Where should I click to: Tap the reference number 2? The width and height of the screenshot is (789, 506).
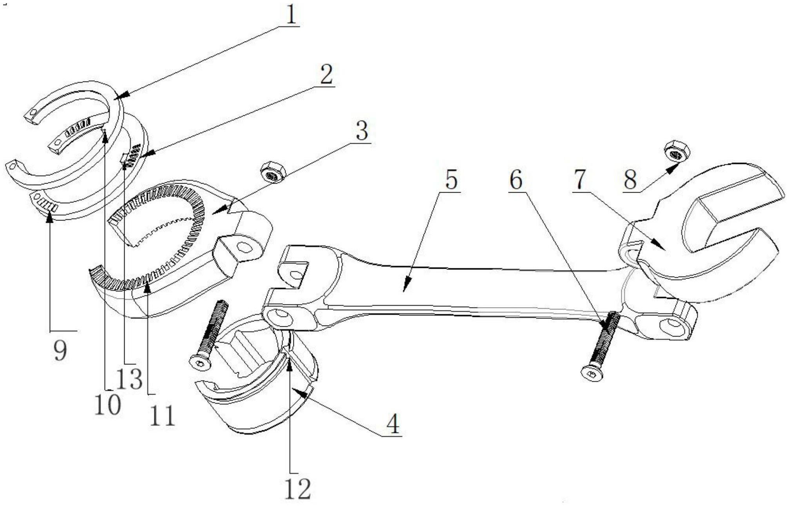326,75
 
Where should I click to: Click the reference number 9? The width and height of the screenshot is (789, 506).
60,350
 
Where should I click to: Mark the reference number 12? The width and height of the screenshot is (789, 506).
298,489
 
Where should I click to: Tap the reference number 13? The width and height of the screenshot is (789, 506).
129,379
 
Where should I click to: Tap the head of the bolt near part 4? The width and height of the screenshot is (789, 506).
200,363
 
